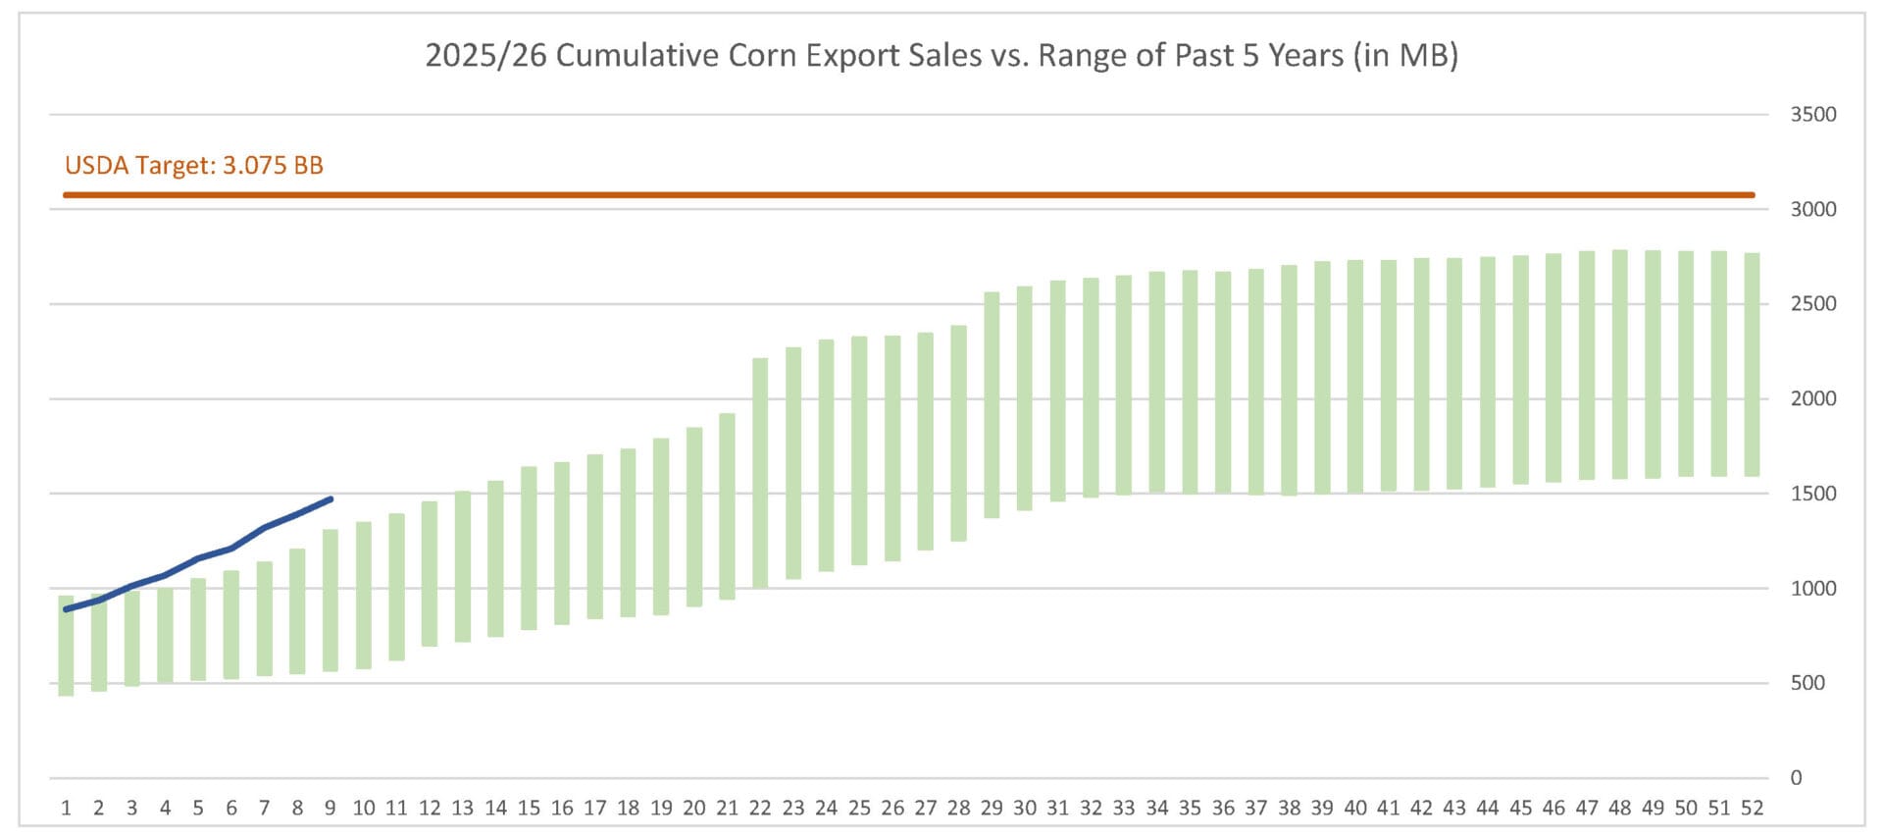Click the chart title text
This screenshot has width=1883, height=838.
pyautogui.click(x=941, y=55)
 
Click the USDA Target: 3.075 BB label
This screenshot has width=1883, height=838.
pyautogui.click(x=194, y=165)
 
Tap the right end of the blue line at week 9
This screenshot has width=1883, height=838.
pyautogui.click(x=331, y=499)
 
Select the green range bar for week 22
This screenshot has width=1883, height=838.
pyautogui.click(x=760, y=473)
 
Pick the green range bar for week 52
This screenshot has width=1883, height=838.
pyautogui.click(x=1752, y=365)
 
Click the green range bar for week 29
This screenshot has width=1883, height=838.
pyautogui.click(x=992, y=404)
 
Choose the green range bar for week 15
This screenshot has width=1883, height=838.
pyautogui.click(x=529, y=548)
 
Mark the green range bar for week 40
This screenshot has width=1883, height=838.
pyautogui.click(x=1355, y=377)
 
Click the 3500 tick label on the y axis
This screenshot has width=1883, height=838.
pyautogui.click(x=1812, y=115)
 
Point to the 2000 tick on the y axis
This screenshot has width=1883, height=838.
pyautogui.click(x=1812, y=398)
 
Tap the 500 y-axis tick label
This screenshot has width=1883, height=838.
pyautogui.click(x=1807, y=683)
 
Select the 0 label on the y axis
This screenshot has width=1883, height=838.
pyautogui.click(x=1796, y=778)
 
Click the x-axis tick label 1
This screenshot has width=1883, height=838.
pyautogui.click(x=66, y=809)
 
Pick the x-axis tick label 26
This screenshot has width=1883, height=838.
pyautogui.click(x=892, y=809)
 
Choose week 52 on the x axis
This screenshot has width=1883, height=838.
pyautogui.click(x=1752, y=809)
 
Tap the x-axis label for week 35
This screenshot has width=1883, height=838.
pyautogui.click(x=1190, y=809)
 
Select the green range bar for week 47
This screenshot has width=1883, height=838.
pyautogui.click(x=1587, y=365)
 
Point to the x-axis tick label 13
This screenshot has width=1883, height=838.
pyautogui.click(x=462, y=809)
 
